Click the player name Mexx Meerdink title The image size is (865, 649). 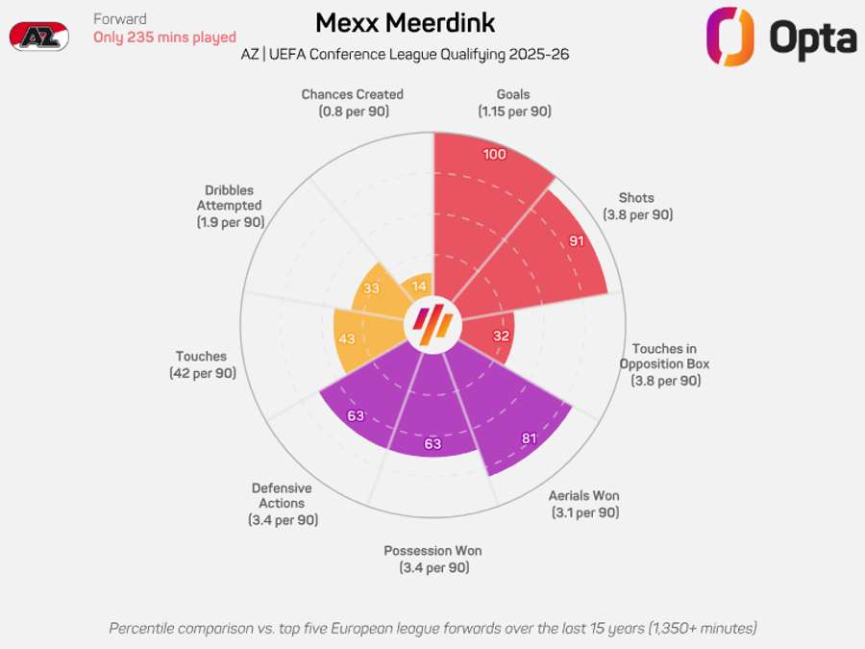click(406, 23)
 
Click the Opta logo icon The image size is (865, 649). click(729, 37)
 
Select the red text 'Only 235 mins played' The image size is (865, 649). click(164, 37)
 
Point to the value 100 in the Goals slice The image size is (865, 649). click(495, 155)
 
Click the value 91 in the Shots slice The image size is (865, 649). click(576, 241)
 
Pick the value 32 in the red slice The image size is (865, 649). click(501, 337)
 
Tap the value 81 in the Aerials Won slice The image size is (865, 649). click(528, 439)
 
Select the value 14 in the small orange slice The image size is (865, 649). click(419, 286)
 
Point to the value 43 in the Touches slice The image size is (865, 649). click(347, 339)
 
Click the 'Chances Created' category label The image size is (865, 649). click(352, 95)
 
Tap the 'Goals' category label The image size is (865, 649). click(513, 95)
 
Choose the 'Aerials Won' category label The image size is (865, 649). click(583, 496)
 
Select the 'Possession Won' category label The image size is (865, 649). click(432, 551)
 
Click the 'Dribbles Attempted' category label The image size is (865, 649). click(230, 197)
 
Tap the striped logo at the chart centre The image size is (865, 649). click(432, 326)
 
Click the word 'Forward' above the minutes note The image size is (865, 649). click(120, 19)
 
